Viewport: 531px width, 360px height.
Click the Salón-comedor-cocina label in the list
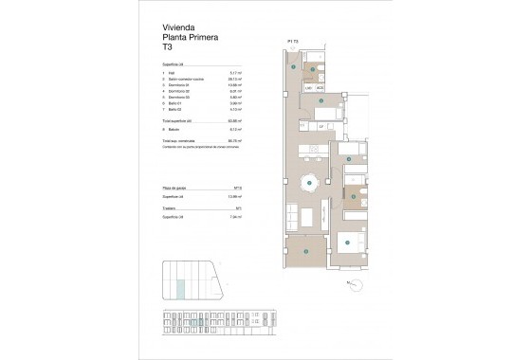pyautogui.click(x=187, y=80)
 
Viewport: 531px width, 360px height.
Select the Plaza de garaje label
pyautogui.click(x=176, y=189)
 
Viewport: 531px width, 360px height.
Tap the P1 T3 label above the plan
pyautogui.click(x=294, y=43)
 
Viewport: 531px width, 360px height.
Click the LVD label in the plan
pyautogui.click(x=308, y=88)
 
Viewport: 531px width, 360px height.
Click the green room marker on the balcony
pyautogui.click(x=306, y=250)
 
